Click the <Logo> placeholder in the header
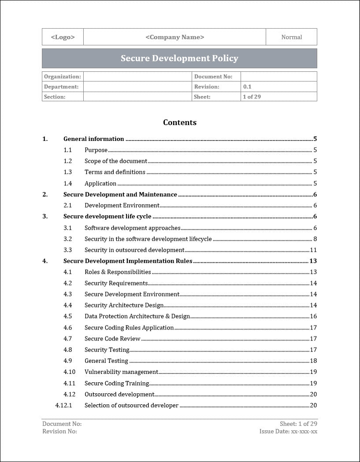pos(63,37)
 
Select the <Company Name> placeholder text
pos(174,37)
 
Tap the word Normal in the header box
pos(291,37)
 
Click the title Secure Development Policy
pos(179,58)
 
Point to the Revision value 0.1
pos(247,87)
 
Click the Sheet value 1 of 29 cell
pos(252,97)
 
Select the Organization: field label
pos(63,77)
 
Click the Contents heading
pos(180,122)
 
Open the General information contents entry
pos(93,139)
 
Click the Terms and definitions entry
pos(115,172)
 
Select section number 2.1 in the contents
pos(67,205)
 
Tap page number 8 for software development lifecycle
pos(315,239)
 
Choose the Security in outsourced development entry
pos(134,250)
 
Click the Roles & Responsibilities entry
pos(118,272)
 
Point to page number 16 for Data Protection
pos(313,317)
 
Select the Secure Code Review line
pos(112,339)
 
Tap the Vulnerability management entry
pos(121,372)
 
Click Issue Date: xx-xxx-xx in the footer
pos(288,432)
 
